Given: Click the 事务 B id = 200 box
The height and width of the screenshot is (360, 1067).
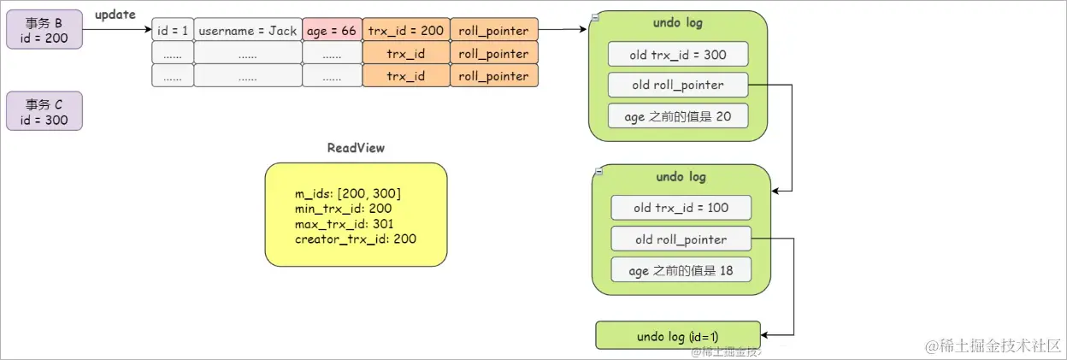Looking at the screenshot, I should [44, 30].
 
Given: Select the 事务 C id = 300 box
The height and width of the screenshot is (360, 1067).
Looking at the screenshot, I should [44, 111].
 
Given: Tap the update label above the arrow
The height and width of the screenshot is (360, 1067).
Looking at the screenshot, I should [115, 15].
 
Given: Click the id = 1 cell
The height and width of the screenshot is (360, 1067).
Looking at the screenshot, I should [172, 30].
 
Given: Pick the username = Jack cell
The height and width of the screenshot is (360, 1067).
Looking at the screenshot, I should [247, 30].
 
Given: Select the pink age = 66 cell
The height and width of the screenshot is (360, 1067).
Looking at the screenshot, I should [332, 30].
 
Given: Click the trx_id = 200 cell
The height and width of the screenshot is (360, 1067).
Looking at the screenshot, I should [405, 30].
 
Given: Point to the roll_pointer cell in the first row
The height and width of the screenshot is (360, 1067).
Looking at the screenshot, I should [493, 30].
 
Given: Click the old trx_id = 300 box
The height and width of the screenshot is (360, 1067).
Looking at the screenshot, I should [678, 55].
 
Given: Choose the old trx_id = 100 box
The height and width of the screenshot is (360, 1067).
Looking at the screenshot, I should [681, 208].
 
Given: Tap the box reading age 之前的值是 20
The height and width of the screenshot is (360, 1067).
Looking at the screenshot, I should [678, 116].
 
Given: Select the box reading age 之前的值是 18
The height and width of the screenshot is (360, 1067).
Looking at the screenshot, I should [681, 270].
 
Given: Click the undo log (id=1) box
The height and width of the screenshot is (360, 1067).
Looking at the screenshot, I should [677, 336].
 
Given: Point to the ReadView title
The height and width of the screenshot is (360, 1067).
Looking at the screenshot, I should [356, 148].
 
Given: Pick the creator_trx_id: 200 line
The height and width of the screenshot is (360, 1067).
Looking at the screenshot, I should [355, 239].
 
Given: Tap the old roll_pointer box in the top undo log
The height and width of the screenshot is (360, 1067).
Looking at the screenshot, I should [678, 85].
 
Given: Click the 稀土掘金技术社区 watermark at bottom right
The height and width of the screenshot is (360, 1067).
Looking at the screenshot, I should [991, 345].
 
